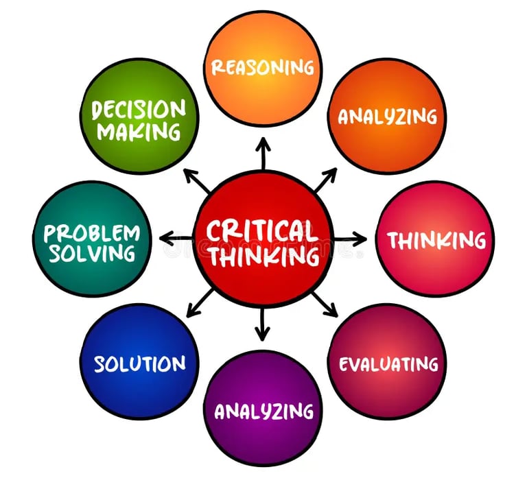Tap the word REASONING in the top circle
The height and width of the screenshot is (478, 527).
pos(263,67)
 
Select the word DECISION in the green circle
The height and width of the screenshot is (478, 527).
pos(139,108)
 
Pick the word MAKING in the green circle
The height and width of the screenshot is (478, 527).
pos(139,130)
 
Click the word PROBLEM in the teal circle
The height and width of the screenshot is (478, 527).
pos(91,232)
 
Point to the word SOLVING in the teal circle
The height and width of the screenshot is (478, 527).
pos(91,253)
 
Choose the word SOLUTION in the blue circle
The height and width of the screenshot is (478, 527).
pos(139,363)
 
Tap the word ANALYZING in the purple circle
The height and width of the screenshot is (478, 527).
pos(264,411)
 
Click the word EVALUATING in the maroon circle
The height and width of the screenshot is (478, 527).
pos(388,363)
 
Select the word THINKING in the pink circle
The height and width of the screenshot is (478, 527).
pos(436,240)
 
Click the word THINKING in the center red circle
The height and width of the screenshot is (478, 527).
pos(264,256)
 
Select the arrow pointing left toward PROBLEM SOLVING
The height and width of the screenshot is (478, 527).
pos(176,239)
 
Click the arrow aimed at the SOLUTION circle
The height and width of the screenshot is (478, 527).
pos(200,302)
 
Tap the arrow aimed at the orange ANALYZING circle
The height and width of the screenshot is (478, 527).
pos(325,179)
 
